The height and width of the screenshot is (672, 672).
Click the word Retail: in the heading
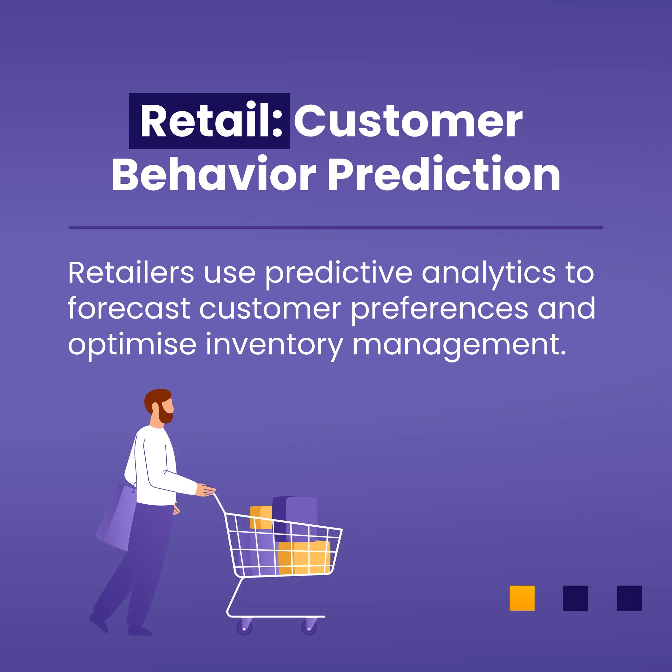pos(210,121)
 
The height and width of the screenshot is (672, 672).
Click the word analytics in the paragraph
pos(489,274)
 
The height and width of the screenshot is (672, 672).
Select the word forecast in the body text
pos(129,308)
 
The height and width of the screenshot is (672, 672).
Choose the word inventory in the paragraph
pos(274,345)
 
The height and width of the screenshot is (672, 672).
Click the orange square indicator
pos(522,598)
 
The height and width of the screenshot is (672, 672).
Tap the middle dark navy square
pos(576,598)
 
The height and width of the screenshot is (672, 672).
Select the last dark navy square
pos(629,598)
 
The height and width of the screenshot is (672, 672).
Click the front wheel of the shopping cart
pos(309,627)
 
